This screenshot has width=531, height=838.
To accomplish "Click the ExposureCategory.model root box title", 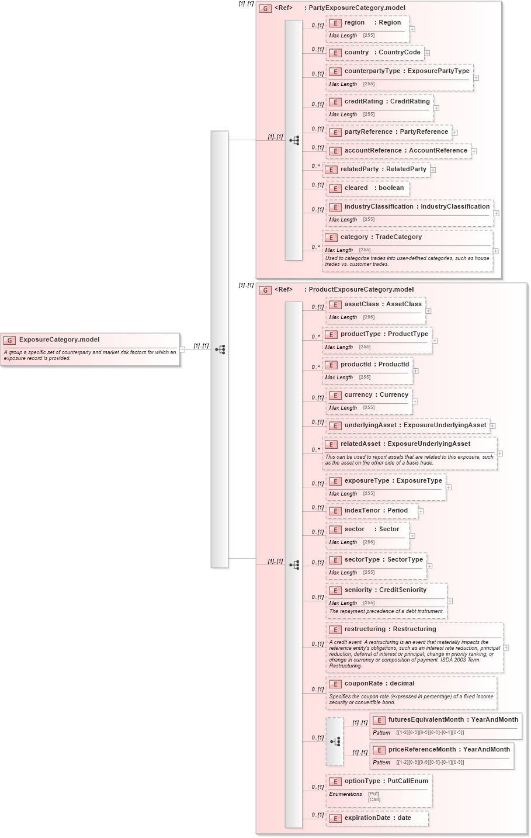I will tap(59, 340).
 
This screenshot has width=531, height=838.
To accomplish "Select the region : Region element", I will tap(372, 23).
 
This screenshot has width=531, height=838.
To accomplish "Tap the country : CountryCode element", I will tap(382, 53).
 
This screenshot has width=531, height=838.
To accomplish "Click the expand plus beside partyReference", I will tap(454, 133).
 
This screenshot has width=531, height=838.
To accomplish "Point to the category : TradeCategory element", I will tap(381, 237).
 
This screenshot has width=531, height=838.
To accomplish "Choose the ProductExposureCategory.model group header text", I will tap(360, 289).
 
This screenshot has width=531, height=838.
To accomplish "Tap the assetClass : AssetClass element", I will tap(383, 304).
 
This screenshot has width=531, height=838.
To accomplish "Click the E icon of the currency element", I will tap(335, 396).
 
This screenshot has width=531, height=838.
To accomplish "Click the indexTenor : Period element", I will tap(376, 511).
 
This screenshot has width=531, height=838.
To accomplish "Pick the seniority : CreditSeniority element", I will tap(385, 590).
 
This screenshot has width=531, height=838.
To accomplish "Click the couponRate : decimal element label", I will tap(379, 684).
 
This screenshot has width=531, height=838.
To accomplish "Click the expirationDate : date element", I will tap(377, 818).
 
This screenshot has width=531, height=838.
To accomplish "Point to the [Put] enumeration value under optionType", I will tap(373, 794).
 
